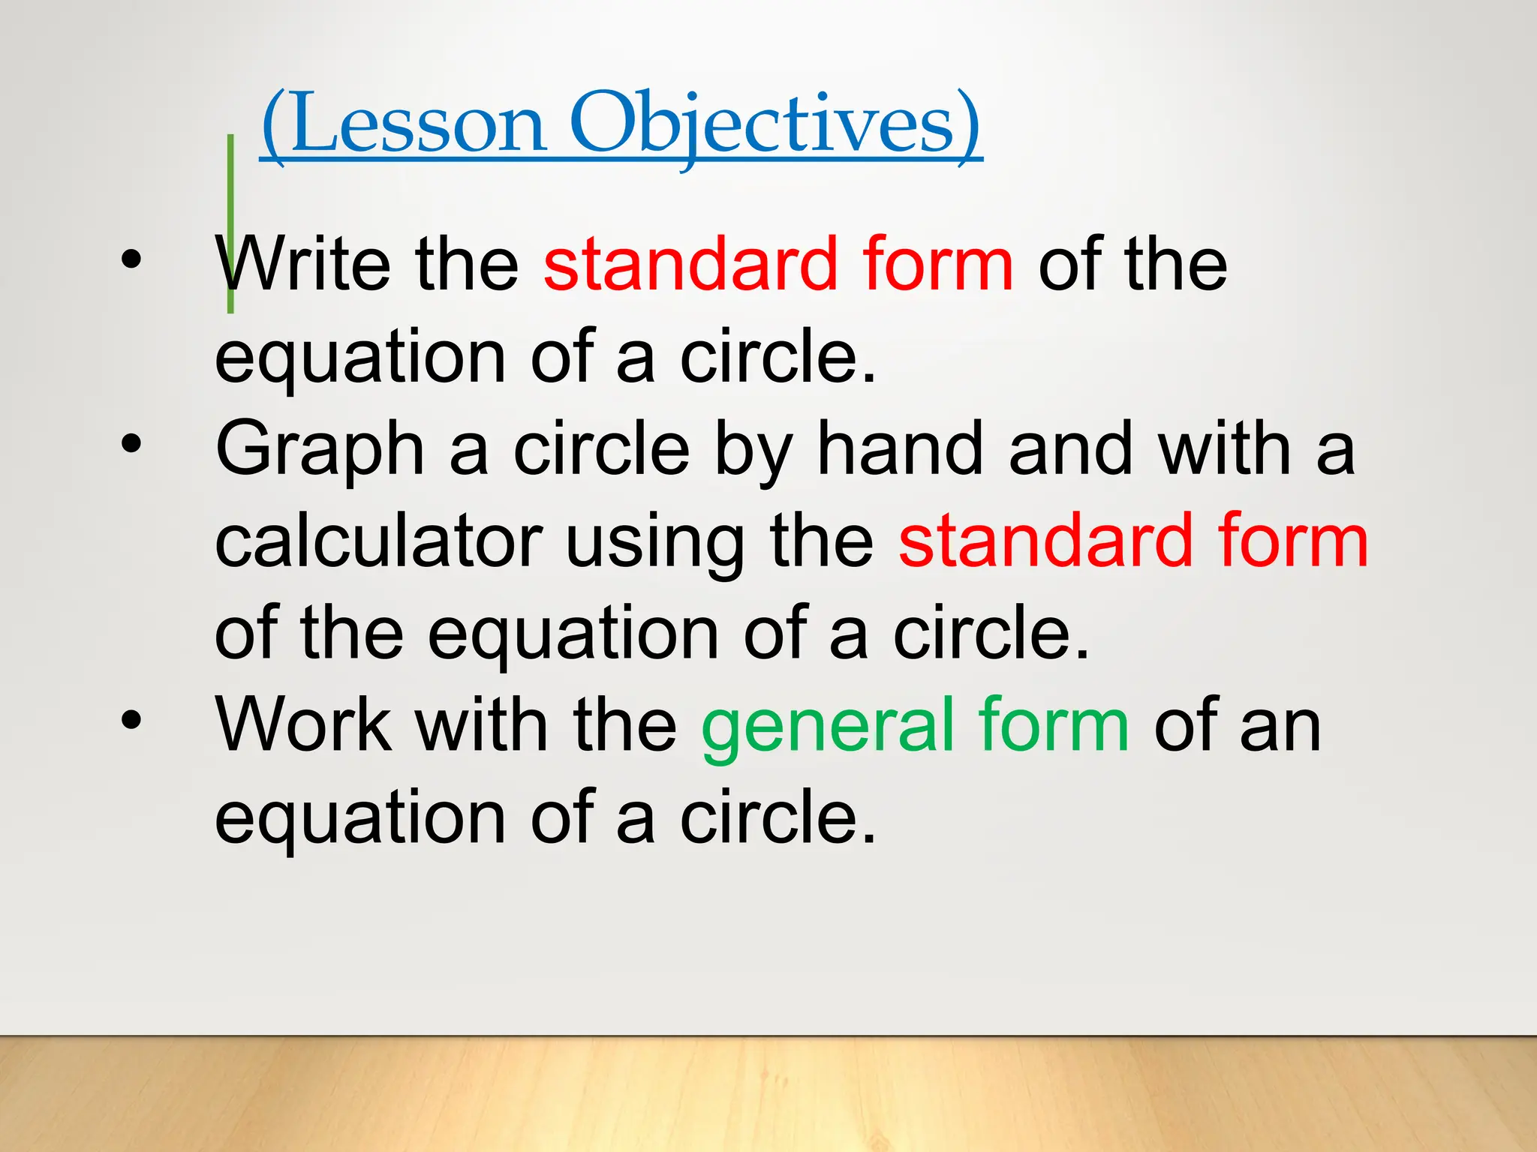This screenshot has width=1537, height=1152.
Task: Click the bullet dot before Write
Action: pos(131,259)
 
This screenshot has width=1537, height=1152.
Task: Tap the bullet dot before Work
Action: pos(131,720)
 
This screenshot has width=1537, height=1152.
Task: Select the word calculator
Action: pos(378,541)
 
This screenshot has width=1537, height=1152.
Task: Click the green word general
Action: pos(826,726)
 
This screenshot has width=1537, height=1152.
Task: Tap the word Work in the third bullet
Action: pos(303,724)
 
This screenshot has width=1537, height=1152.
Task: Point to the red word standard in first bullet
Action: pos(690,264)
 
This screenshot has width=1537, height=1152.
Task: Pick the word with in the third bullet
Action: pos(481,724)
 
